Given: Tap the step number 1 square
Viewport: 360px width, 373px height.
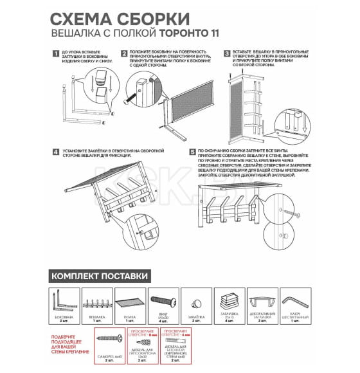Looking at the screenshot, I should coord(56,54).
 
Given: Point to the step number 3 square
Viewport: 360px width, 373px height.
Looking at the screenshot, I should coord(227,54).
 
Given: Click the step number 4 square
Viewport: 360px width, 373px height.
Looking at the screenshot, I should coord(56,152).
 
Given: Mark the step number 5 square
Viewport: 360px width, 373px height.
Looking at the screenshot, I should coord(193,152).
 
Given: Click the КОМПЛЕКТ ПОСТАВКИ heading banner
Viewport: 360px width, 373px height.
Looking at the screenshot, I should coord(100,277).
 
